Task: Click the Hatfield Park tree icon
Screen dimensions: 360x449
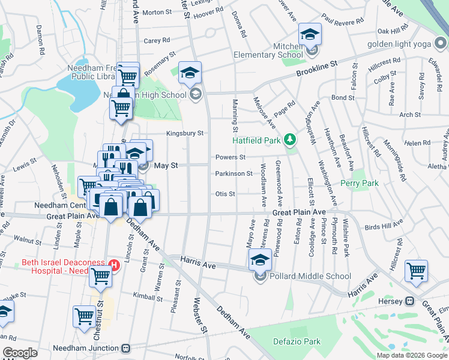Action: pos(291,140)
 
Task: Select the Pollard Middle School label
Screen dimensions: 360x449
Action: pos(310,276)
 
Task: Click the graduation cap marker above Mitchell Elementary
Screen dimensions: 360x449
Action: pos(310,35)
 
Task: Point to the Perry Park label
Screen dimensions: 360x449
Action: pos(360,183)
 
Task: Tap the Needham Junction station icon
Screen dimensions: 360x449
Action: pos(126,347)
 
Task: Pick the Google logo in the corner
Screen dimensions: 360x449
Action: pos(20,353)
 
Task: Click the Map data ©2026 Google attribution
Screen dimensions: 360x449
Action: pos(412,355)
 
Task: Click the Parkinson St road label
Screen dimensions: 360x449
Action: pos(234,174)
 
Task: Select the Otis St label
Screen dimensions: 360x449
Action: pos(225,194)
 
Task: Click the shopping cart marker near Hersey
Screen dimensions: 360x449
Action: pos(416,271)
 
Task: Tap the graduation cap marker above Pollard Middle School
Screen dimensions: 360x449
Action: pos(260,260)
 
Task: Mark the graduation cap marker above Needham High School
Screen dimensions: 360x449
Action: pos(190,73)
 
